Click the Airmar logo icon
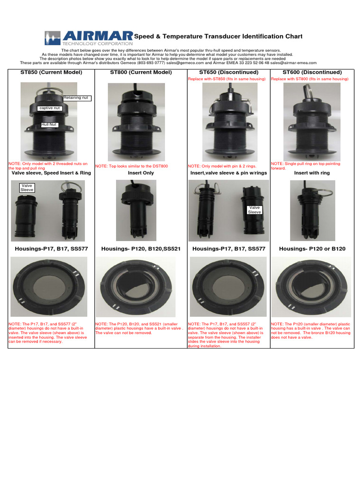point(52,38)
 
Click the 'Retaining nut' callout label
point(77,98)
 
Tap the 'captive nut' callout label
point(49,108)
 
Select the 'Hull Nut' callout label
point(49,125)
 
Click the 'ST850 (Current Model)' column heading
point(51,72)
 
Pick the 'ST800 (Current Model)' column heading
point(141,72)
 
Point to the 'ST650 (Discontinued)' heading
point(229,72)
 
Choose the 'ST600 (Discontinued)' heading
point(312,72)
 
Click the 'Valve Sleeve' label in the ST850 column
point(27,188)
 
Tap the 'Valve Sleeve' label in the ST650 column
point(255,210)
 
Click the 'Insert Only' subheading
point(141,173)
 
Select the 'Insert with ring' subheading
point(312,173)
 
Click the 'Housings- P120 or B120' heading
point(312,249)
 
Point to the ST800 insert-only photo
point(136,210)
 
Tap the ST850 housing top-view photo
point(49,287)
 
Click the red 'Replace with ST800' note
point(309,79)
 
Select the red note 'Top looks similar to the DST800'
point(132,166)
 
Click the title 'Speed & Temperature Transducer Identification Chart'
point(218,36)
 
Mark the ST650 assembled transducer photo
point(230,122)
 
